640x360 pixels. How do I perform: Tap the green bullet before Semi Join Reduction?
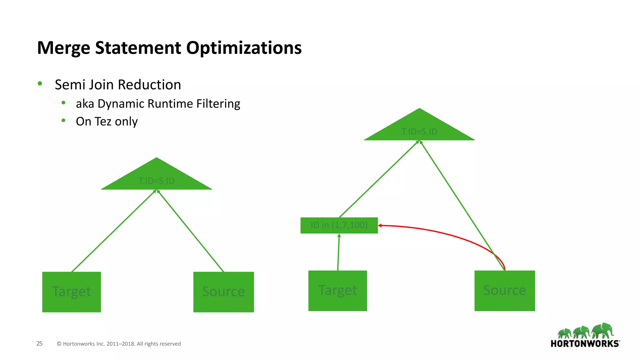pos(40,83)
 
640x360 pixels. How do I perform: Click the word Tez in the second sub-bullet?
pos(102,122)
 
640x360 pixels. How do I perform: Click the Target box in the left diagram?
pos(72,292)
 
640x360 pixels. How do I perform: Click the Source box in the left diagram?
pos(223,292)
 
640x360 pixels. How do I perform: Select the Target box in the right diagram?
pos(337,291)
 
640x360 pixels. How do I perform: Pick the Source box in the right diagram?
pos(504,291)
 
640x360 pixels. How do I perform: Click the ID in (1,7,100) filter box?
pos(339,225)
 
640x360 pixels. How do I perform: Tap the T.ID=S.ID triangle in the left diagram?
pos(157,178)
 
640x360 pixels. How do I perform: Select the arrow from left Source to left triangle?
pos(191,231)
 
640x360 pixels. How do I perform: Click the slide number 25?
pos(39,343)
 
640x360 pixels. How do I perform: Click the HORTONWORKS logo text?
pos(585,344)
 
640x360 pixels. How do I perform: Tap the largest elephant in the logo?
pos(603,330)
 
